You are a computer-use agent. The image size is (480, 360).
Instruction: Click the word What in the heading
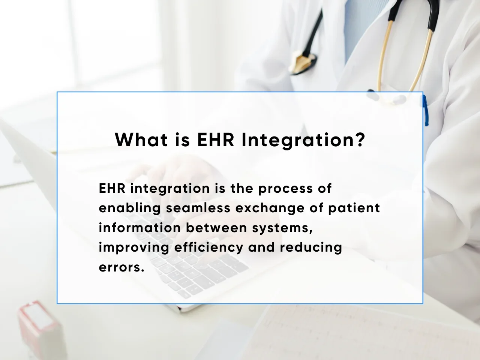click(141, 139)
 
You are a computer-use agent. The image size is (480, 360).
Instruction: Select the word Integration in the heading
click(297, 141)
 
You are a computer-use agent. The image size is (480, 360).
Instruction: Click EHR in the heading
click(215, 139)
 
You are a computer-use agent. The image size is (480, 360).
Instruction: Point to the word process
click(286, 189)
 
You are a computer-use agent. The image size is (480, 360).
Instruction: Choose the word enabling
click(130, 208)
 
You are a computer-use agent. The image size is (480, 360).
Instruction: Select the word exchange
click(270, 208)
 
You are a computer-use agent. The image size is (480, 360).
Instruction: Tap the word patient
click(354, 208)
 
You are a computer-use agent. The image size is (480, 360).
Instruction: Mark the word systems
click(282, 229)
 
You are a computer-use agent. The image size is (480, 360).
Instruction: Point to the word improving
click(134, 248)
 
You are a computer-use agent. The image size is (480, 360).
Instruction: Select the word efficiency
click(208, 248)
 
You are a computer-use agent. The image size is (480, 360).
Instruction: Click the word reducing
click(311, 248)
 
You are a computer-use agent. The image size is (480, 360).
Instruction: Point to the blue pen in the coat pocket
click(426, 110)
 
